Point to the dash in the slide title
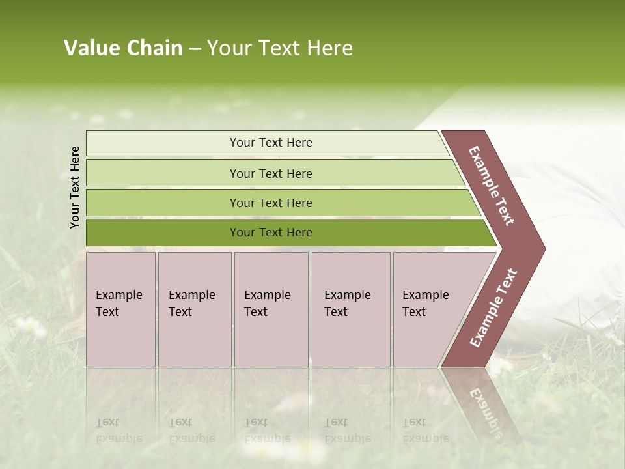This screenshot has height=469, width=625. pos(195,49)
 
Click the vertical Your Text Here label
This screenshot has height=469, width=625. pos(75,187)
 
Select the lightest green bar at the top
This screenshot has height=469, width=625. pos(270,143)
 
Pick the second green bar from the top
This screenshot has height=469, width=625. pos(270,173)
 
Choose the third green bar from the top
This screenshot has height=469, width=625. pos(270,203)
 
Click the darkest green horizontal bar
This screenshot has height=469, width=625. pos(270,233)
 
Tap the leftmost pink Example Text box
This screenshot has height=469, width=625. pos(120,309)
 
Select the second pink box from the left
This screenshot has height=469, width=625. pos(194,309)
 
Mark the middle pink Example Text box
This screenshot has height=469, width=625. pos(271,309)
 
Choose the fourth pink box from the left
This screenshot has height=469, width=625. pos(351,309)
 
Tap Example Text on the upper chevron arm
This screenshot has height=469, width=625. pos(492,186)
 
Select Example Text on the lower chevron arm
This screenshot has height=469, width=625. pos(493,307)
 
